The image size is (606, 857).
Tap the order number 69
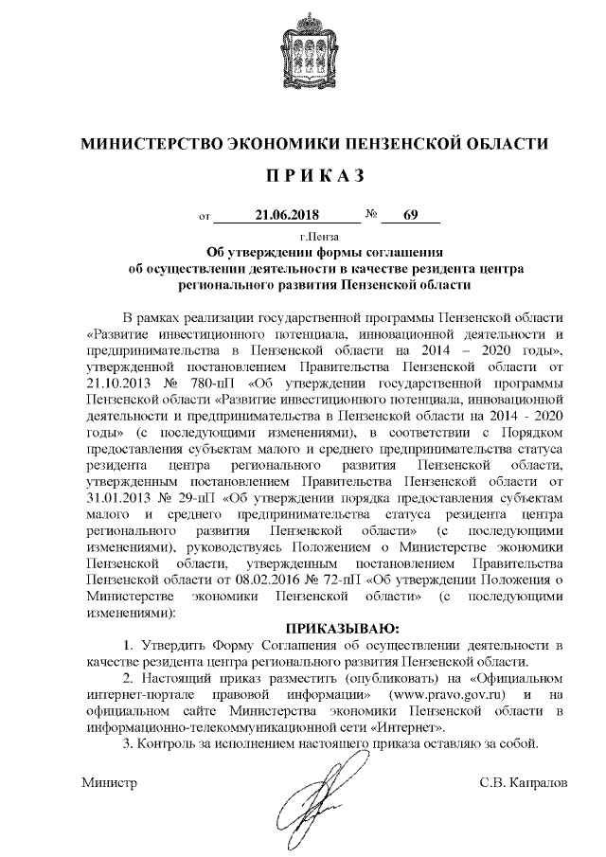click(410, 215)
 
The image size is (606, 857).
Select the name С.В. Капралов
click(525, 783)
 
